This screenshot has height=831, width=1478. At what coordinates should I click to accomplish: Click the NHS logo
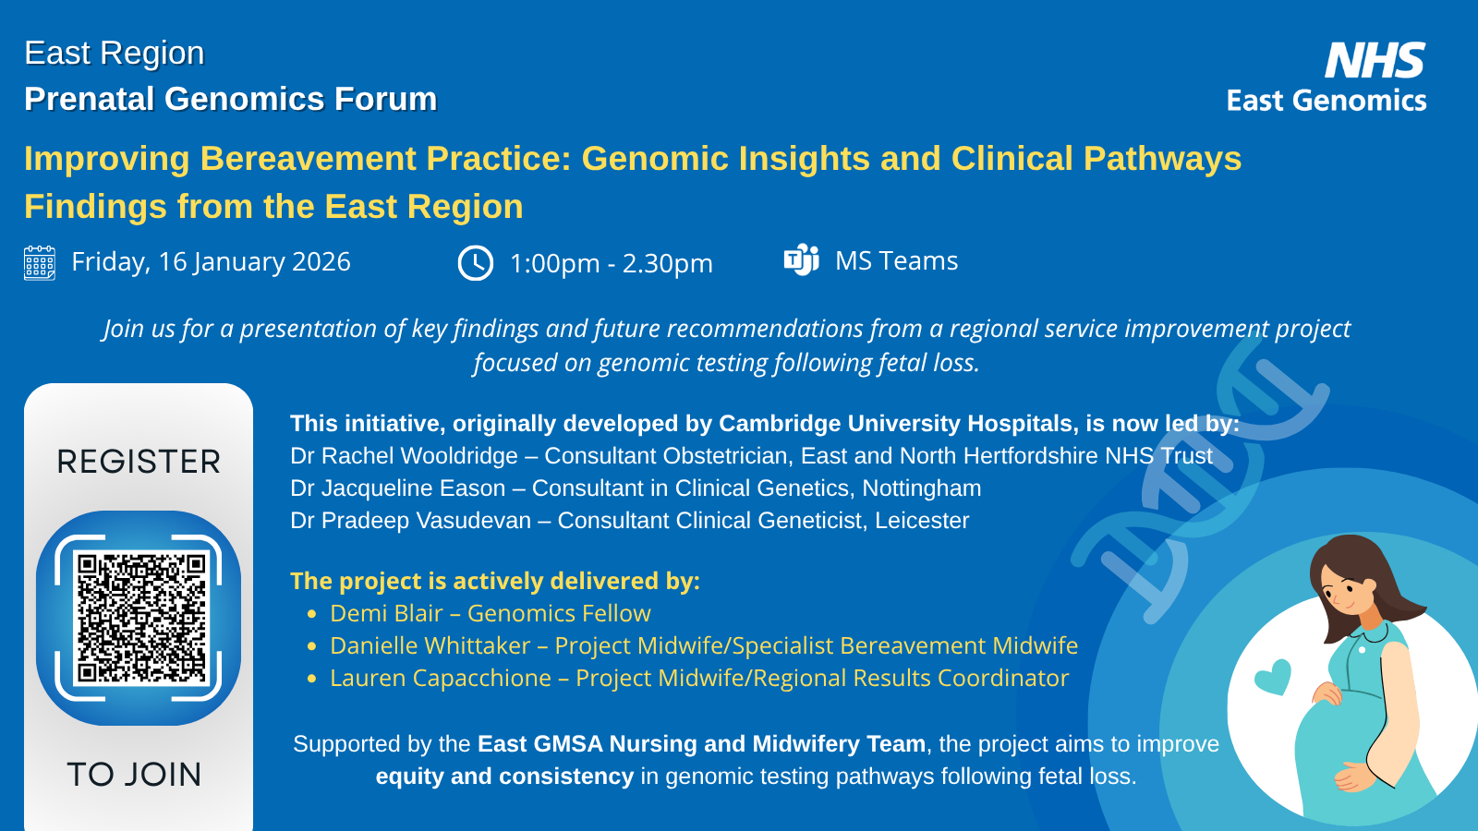[1375, 60]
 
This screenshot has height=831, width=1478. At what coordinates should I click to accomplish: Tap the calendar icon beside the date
[40, 263]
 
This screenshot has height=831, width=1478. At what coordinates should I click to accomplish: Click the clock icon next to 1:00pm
[475, 263]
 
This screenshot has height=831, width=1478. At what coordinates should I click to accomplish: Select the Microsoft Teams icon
[802, 259]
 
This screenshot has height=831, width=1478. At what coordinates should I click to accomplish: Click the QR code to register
[141, 618]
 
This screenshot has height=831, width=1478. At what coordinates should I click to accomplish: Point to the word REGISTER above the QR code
[139, 462]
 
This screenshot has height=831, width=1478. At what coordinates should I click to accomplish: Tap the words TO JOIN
[135, 775]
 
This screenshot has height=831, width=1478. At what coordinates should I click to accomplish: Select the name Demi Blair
[386, 613]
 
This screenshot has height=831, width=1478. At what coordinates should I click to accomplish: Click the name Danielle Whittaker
[430, 645]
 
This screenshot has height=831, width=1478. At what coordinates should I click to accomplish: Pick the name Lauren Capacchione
[441, 678]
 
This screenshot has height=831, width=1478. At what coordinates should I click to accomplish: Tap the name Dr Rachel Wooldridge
[404, 456]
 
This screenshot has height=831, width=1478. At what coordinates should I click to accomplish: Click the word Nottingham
[922, 488]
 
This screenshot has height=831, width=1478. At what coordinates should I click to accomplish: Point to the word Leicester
[922, 521]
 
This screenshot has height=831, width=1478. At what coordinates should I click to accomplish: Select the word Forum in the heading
[385, 99]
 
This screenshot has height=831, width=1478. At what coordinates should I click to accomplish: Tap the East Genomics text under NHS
[1327, 101]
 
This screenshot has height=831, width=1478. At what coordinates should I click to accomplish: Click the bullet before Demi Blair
[312, 615]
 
